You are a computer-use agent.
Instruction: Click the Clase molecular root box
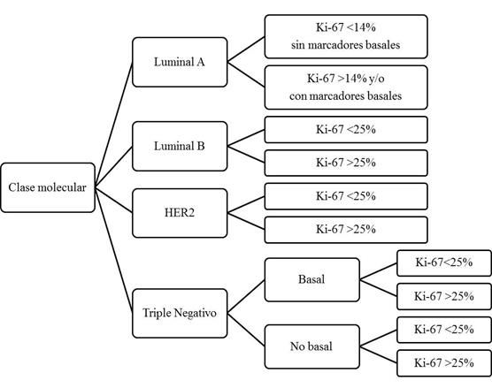(x=49, y=187)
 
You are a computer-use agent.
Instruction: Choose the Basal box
(x=311, y=279)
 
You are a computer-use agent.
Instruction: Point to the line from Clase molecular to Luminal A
(x=114, y=124)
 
